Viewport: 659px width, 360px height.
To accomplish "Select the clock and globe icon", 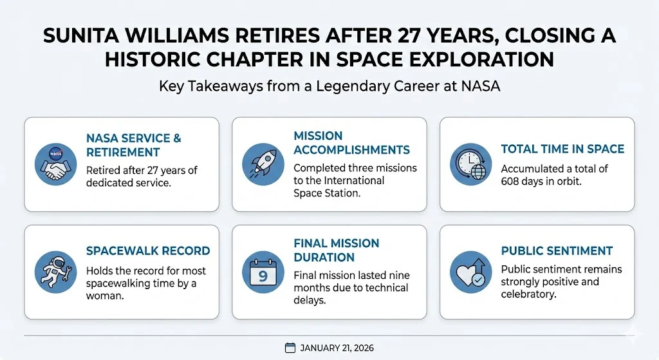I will [x=471, y=164].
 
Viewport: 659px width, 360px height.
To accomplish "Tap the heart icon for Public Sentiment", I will [x=471, y=271].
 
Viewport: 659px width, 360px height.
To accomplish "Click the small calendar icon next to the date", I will [x=290, y=348].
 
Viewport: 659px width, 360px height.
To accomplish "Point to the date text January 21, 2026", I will [x=337, y=348].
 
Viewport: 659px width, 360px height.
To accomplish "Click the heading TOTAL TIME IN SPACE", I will [x=562, y=149].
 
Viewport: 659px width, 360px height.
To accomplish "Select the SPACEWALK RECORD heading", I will [x=148, y=251].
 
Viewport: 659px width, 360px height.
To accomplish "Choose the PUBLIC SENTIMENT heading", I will [x=557, y=251].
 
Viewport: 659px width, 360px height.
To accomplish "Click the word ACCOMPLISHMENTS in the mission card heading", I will [x=351, y=149].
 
